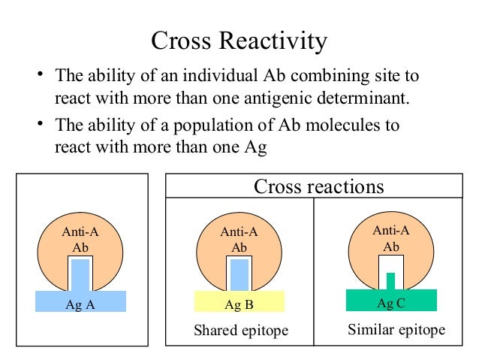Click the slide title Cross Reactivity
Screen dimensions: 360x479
coord(239,41)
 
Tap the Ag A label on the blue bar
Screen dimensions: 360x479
coord(80,305)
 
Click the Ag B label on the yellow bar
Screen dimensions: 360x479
coord(239,305)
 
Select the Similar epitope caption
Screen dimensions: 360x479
coord(396,330)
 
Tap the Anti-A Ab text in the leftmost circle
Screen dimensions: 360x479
coord(80,240)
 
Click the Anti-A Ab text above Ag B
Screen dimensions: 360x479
coord(239,240)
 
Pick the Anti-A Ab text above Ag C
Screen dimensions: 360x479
coord(391,238)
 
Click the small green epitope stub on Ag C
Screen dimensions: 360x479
coord(390,280)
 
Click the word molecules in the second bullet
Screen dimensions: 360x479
coord(342,125)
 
